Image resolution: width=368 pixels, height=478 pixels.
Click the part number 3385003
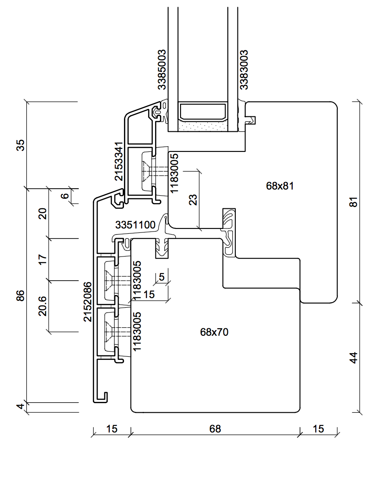coord(162,70)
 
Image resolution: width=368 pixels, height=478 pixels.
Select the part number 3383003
coord(244,70)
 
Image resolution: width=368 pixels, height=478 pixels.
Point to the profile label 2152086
coord(88,302)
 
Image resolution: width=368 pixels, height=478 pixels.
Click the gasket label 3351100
coord(135,225)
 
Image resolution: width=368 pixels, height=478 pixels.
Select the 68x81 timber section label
coord(280,186)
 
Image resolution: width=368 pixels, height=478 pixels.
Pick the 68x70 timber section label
coord(214,332)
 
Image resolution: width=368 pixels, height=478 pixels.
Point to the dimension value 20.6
coord(42,305)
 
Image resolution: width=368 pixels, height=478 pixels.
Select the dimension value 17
coord(42,259)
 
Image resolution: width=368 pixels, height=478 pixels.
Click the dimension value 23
coord(193,200)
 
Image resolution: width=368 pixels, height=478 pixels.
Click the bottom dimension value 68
coord(215,429)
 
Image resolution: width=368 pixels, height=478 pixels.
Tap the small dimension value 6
coord(65,196)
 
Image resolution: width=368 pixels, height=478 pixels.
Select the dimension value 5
coord(162,277)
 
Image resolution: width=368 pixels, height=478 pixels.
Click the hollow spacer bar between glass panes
coord(203,112)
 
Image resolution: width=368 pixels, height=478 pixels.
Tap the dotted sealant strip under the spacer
coord(203,126)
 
